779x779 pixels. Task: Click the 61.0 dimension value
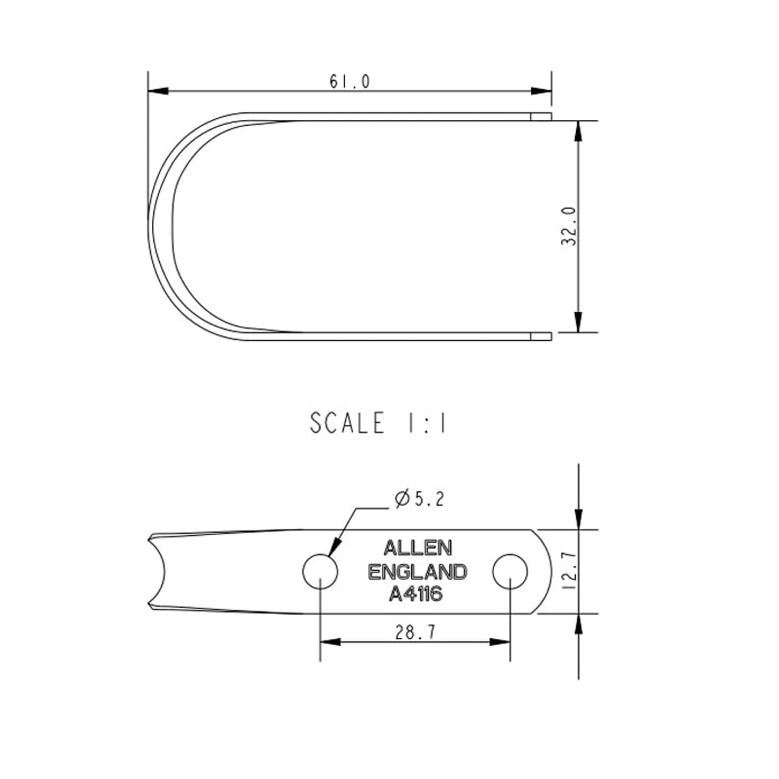tap(350, 81)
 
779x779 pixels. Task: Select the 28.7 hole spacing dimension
tap(415, 632)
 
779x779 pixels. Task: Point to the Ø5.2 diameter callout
tap(420, 499)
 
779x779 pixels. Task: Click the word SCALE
tap(347, 424)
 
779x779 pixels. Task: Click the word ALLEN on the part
tap(418, 547)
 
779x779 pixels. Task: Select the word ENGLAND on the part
tap(418, 571)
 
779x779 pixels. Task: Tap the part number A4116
tap(416, 595)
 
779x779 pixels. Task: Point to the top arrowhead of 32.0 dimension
tap(579, 132)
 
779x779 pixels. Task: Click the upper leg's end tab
tap(541, 116)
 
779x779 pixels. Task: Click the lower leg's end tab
tap(541, 335)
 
